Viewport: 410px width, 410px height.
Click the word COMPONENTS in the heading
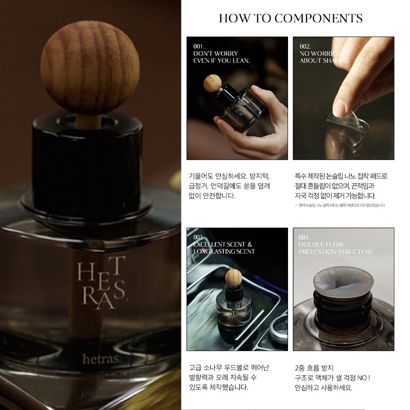pos(318,18)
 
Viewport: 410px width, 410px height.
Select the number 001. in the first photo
pos(198,46)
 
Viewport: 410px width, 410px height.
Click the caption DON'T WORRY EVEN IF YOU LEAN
pos(221,56)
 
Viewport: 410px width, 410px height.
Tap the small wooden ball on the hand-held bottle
pos(212,83)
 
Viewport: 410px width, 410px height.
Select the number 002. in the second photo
pos(305,46)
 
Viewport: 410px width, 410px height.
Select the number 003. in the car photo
pos(198,237)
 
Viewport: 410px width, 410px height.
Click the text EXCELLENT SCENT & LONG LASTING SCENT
pos(223,248)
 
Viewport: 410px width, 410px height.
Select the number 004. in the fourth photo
pos(305,237)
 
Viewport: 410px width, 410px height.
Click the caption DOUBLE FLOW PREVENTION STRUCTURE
pos(336,248)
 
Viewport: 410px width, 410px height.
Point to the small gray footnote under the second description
pos(341,206)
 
